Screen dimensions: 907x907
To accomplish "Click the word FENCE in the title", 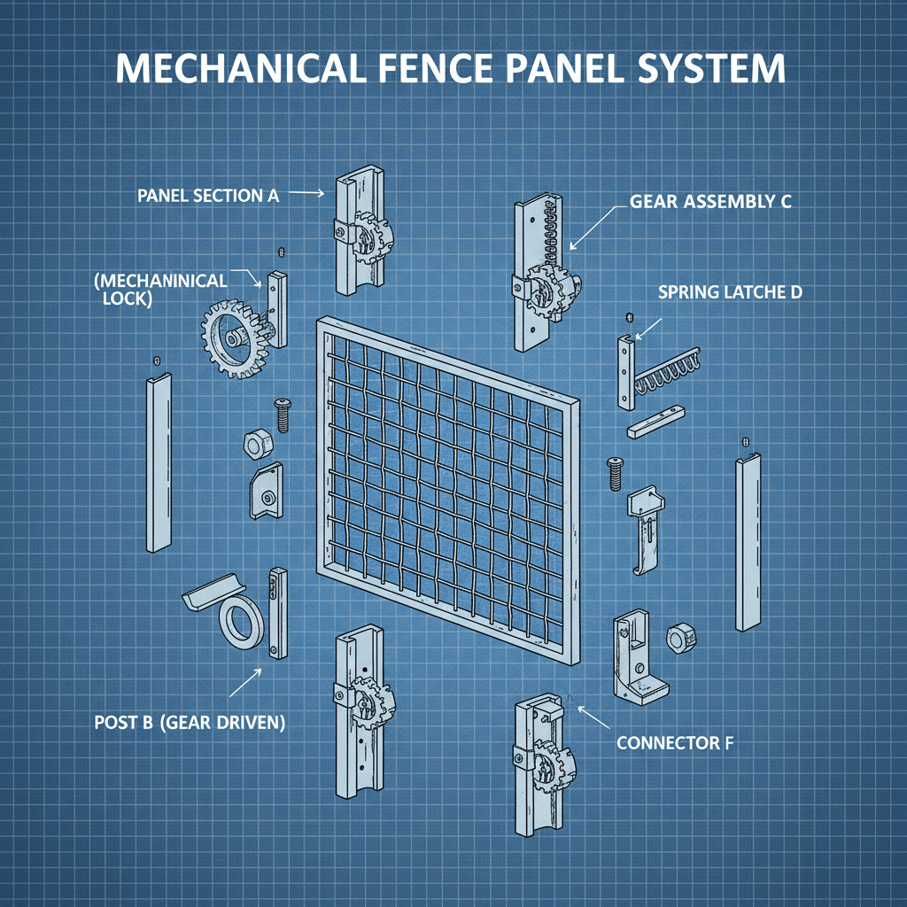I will [x=441, y=69].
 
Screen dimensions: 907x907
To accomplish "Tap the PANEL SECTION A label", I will [x=208, y=196].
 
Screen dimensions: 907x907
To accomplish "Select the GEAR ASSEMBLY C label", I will [x=710, y=201].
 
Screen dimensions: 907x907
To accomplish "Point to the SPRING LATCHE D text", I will [x=730, y=291].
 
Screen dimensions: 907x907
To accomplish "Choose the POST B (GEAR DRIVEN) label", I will [x=190, y=723].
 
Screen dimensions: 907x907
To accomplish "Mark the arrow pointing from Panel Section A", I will [x=307, y=192].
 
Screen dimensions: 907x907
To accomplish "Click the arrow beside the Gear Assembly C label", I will [x=590, y=226].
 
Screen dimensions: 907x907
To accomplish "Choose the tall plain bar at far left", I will [x=159, y=462].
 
